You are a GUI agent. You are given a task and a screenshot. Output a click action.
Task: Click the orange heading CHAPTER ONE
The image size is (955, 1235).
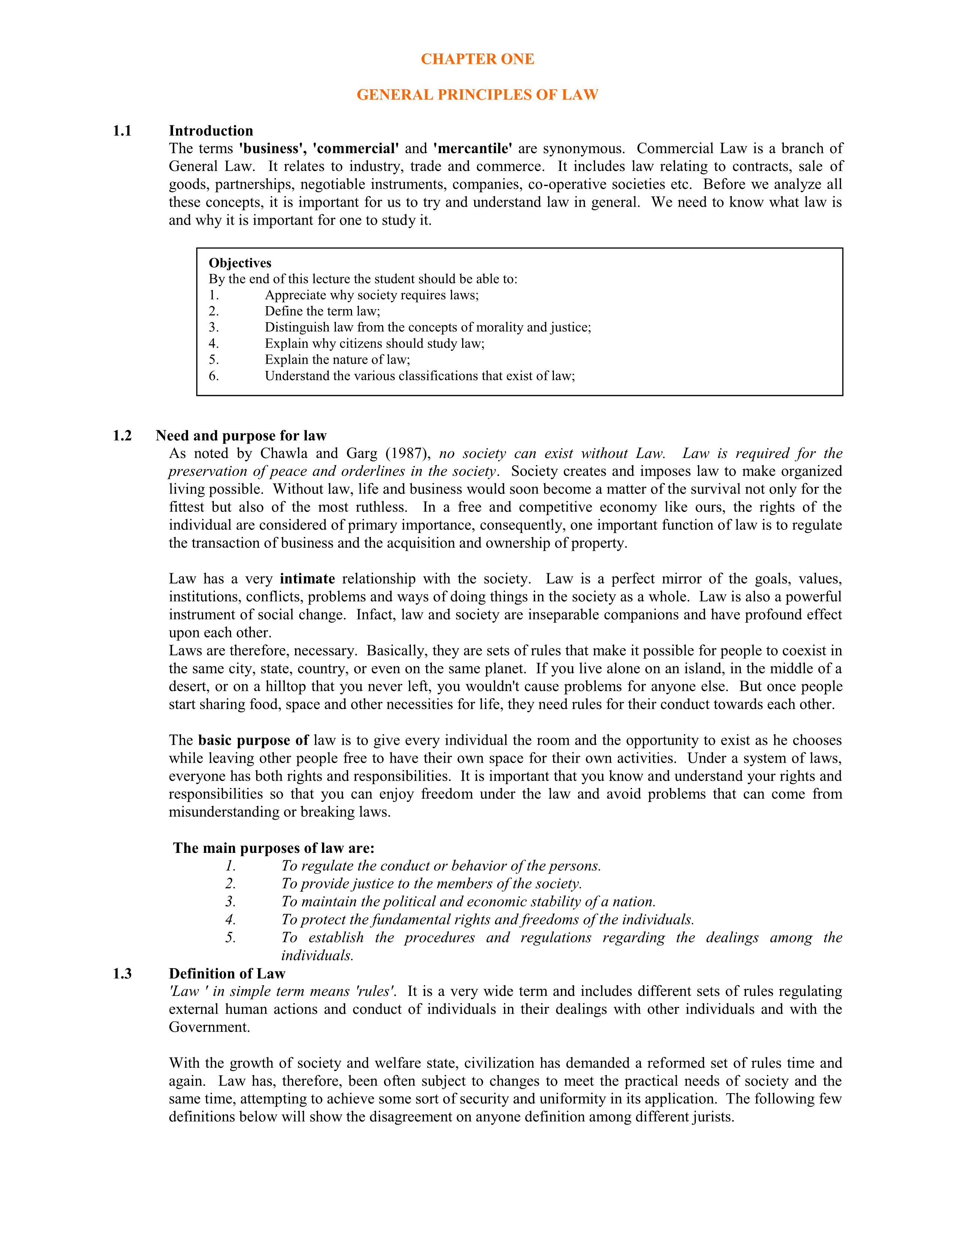point(477,59)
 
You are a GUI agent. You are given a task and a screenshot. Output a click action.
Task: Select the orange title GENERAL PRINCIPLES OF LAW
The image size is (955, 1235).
point(477,94)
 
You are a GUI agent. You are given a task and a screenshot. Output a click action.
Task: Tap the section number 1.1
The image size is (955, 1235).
point(122,131)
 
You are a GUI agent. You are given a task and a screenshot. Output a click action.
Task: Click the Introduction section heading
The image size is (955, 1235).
point(210,131)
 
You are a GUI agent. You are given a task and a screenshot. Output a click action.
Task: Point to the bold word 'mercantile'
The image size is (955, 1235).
point(472,149)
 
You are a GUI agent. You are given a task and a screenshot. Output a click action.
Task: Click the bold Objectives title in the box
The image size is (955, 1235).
point(240,263)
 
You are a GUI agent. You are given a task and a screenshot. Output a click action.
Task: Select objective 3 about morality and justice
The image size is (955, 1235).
point(427,327)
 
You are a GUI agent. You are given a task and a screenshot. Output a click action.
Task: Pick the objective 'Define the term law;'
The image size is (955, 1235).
point(322,311)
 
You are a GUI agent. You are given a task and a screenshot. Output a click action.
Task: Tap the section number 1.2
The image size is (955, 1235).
point(122,435)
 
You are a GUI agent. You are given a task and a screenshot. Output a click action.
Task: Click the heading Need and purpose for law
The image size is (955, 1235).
point(241,435)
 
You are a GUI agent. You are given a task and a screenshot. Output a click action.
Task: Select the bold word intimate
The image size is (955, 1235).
point(307,579)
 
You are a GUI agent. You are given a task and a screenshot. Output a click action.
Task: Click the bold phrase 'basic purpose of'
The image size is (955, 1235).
point(253,741)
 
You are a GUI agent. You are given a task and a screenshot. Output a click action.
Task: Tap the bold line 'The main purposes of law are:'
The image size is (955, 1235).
point(274,848)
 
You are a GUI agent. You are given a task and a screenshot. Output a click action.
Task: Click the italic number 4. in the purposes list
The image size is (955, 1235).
point(230,920)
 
